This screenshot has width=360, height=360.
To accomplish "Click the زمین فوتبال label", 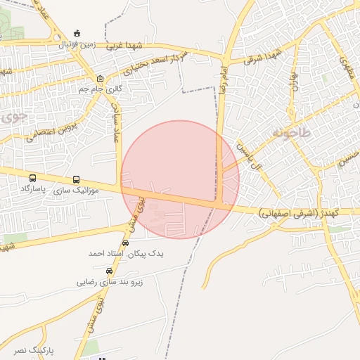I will tap(77, 44).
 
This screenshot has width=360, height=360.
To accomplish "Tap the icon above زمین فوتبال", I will tap(77, 33).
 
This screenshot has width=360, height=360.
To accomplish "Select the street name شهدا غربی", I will tap(124, 46).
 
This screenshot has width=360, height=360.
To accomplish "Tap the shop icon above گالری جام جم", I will tap(101, 78).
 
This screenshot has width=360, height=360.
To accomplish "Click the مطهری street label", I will tap(345, 67).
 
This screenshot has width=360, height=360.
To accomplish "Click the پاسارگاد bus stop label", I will tap(33, 190).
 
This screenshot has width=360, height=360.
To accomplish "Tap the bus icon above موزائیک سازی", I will tap(76, 179).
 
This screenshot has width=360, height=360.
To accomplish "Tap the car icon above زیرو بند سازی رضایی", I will tap(109, 271).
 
